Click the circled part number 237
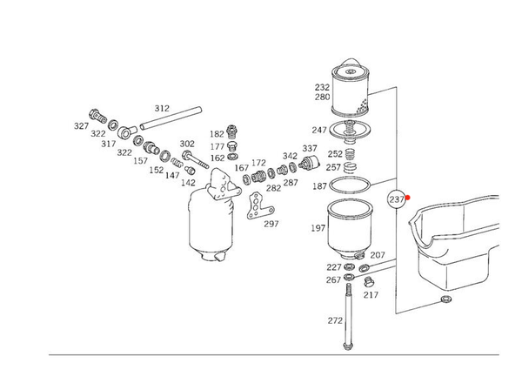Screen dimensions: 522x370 point(397,199)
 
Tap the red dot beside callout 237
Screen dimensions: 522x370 point(408,198)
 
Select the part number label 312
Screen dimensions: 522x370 point(162,108)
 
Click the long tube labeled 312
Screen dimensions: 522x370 point(171,118)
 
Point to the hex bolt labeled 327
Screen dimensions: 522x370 point(97,116)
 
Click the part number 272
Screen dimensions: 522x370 point(335,320)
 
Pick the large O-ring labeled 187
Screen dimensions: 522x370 point(350,185)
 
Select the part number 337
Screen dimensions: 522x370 point(310,148)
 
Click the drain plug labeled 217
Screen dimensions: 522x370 point(368,282)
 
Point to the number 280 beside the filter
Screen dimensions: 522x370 point(322,97)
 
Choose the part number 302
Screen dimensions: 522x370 point(187,144)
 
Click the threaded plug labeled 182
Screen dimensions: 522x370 point(231,132)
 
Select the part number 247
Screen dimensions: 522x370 point(319,130)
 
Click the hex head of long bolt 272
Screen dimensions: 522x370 point(348,346)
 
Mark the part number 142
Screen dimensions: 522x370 point(188,183)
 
